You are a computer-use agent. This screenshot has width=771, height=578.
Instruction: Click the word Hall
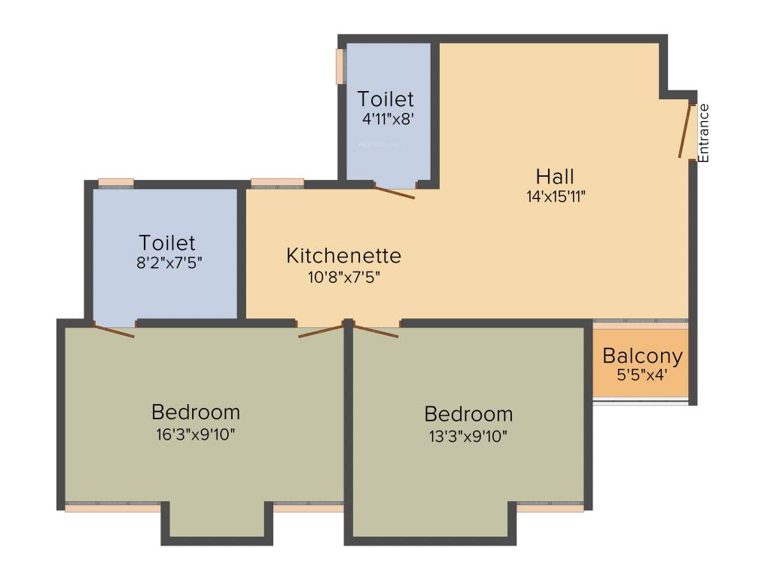tap(555, 177)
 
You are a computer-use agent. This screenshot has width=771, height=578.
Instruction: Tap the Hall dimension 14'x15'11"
tap(556, 197)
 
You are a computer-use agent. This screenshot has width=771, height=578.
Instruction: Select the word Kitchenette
tap(343, 256)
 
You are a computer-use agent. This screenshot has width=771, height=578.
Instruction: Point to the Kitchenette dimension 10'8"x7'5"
tap(343, 276)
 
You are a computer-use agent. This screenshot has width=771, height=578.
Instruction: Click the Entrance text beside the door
tap(704, 132)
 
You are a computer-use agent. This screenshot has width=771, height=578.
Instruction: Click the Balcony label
tap(642, 356)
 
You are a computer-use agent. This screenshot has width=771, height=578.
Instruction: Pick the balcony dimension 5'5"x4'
tap(642, 374)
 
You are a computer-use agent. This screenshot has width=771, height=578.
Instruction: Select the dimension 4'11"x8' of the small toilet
tap(386, 118)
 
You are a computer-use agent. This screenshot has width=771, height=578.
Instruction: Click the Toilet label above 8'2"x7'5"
tap(166, 243)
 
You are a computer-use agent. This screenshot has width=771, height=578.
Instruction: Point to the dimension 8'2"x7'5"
tap(166, 263)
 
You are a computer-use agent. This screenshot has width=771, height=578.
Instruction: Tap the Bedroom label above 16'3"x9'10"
tap(196, 412)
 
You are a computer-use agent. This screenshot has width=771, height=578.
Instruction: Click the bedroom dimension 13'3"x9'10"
tap(468, 435)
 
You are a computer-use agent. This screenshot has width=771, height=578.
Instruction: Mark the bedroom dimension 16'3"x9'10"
tap(196, 433)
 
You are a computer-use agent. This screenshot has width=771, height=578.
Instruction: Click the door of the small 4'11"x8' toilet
tap(394, 192)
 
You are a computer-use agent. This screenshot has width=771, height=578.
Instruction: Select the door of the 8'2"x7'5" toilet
tap(114, 330)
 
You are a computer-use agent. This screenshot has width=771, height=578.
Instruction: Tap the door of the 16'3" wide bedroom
tap(321, 330)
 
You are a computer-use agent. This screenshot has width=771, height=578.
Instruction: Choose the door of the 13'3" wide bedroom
tap(375, 331)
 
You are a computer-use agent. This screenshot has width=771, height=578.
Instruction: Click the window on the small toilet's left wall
tap(340, 66)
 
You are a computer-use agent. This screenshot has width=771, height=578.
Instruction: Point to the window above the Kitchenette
tap(277, 182)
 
